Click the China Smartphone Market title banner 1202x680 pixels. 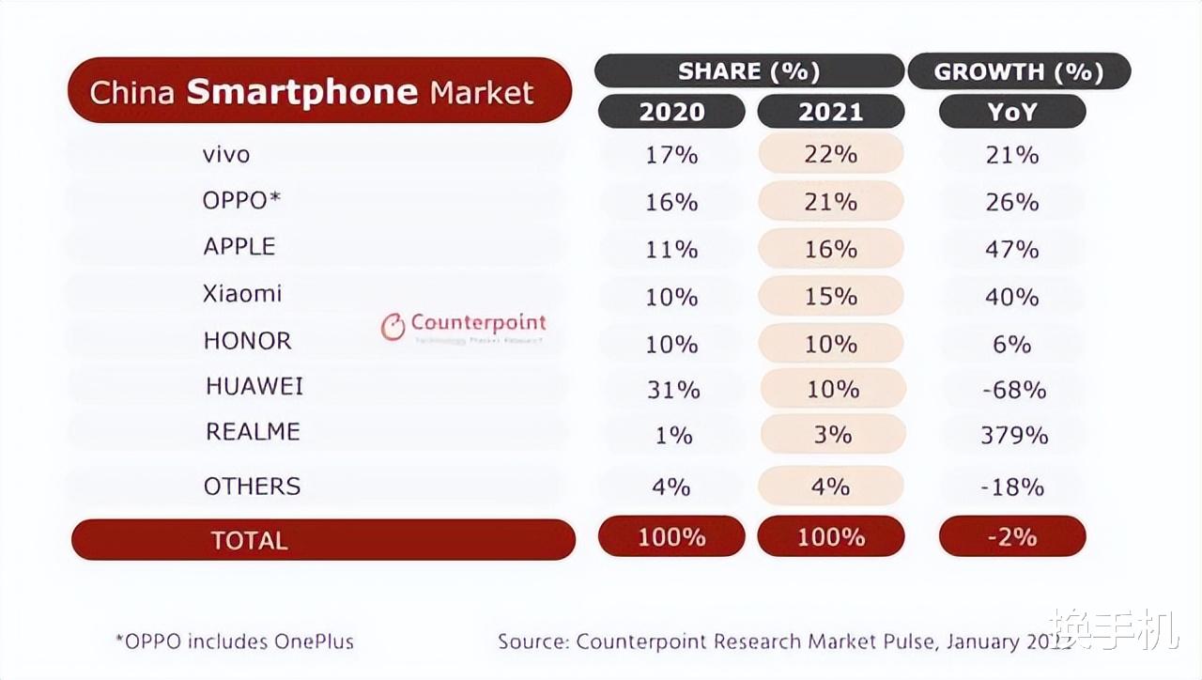tap(319, 91)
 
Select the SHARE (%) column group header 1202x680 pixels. tap(748, 71)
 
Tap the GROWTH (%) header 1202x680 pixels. tap(1018, 71)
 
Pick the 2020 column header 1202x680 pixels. tap(671, 112)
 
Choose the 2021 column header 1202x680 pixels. tap(830, 112)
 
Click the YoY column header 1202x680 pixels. tap(1012, 112)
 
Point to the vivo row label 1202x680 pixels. tap(226, 154)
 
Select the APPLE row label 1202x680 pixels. tap(239, 247)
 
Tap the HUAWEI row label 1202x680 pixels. tap(254, 386)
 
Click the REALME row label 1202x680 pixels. tap(253, 432)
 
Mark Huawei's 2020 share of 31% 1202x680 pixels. tap(672, 389)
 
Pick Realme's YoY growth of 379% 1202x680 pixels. tap(1012, 436)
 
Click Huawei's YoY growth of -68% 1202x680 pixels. tap(1012, 389)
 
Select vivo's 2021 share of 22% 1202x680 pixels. tap(830, 154)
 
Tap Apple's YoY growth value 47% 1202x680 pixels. tap(1012, 250)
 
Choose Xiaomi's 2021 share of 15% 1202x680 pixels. tap(830, 297)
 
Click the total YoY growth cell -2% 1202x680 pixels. tap(1012, 536)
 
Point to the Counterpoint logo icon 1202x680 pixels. tap(393, 327)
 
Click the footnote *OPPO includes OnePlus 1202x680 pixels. tap(234, 641)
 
